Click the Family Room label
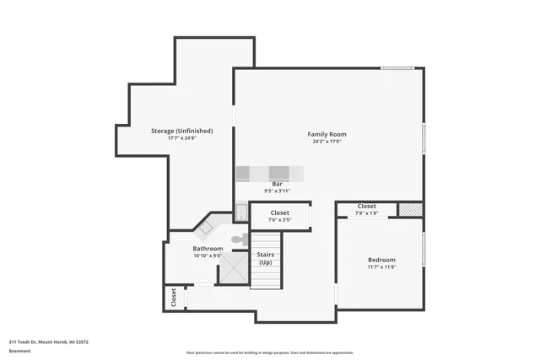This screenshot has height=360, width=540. pos(327,134)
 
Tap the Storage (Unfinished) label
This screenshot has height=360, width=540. pos(181,131)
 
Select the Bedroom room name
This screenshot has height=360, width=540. pos(381,260)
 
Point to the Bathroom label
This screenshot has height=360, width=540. pos(208,249)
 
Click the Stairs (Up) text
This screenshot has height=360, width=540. pos(266,257)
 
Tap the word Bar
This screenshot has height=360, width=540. pos(276,184)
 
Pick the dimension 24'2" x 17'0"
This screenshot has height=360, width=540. pos(327,142)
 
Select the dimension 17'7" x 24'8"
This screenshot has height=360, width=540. pos(181,138)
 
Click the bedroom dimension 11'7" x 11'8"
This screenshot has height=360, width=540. pos(381,267)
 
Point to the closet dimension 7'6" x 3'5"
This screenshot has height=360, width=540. pos(281,220)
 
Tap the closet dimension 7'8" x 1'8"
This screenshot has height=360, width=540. pos(367,213)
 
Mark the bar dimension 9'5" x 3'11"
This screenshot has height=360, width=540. pos(276,191)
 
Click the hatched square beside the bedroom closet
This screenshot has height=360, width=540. pos(409,208)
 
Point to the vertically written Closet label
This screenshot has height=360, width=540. pos(174,297)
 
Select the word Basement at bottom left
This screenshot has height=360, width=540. pos(19,351)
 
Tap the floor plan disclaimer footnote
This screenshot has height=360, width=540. pos(269,352)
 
